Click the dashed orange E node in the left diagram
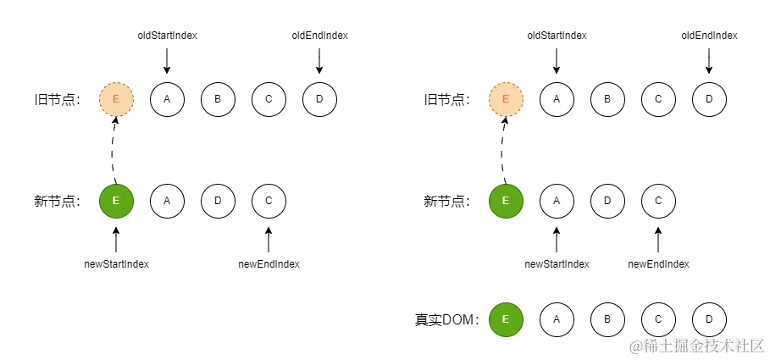click(116, 100)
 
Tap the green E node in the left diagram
click(116, 202)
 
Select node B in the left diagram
click(218, 100)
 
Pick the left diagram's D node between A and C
click(218, 202)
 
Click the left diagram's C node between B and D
click(269, 100)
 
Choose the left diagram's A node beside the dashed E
click(167, 100)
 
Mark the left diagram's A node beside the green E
click(167, 202)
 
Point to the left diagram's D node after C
click(319, 100)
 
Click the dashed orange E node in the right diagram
click(506, 100)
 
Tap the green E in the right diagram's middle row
click(506, 202)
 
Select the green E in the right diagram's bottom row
click(506, 319)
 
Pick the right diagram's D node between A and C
click(607, 202)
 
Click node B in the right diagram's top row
click(607, 100)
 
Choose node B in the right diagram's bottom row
click(607, 319)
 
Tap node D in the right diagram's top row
click(709, 100)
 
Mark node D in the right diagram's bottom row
click(709, 319)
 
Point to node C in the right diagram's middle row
click(658, 202)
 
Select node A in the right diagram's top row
click(557, 100)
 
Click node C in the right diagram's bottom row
click(658, 319)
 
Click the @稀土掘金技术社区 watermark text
click(695, 345)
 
